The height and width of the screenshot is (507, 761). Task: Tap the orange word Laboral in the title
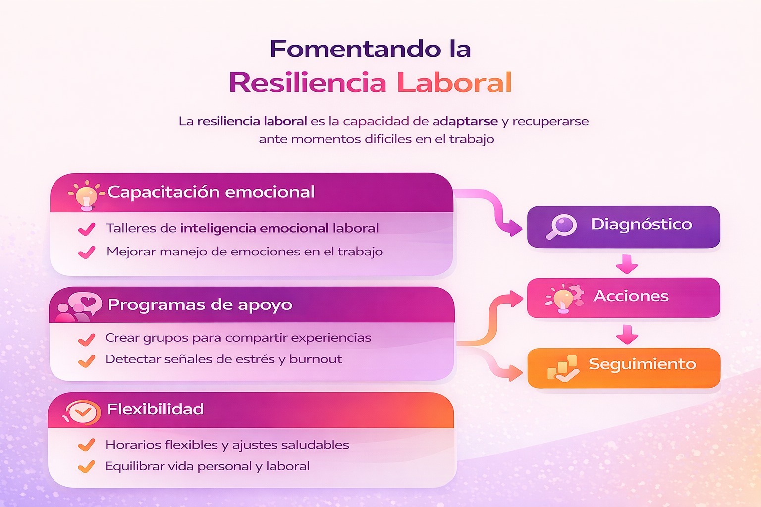point(454,83)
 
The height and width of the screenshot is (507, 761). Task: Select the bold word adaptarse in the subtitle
point(465,121)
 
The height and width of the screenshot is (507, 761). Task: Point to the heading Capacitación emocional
point(211,192)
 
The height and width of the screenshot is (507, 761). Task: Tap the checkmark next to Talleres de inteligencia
point(87,229)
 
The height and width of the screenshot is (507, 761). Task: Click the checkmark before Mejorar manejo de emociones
point(87,253)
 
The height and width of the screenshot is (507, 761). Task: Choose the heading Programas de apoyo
point(200,304)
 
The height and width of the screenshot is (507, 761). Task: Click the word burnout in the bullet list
point(316,359)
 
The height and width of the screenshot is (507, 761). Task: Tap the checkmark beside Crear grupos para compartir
point(87,339)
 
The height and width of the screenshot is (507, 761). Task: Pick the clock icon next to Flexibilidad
point(82,411)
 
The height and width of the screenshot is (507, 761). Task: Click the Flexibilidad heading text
point(156,409)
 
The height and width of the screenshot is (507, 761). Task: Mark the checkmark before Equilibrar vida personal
point(87,466)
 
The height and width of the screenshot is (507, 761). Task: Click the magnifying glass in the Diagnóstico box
point(561,227)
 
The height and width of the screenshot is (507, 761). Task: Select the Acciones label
point(631,296)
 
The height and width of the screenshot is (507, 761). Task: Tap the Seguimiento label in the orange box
point(642,364)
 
